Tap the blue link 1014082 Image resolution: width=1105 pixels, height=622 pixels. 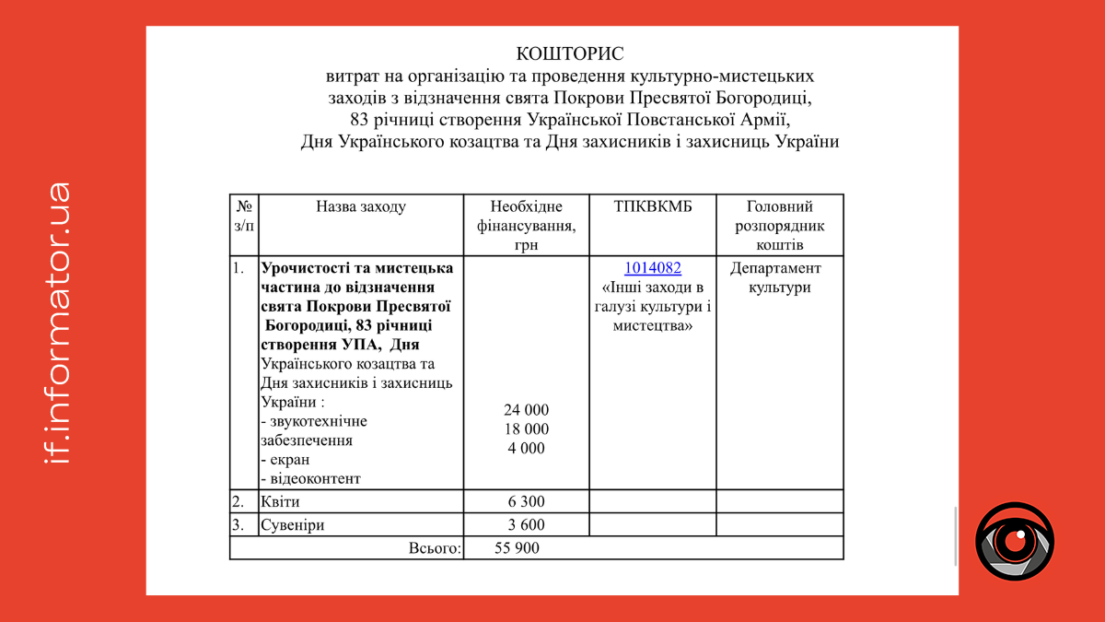[x=653, y=268]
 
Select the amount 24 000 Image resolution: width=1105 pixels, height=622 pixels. [x=526, y=410]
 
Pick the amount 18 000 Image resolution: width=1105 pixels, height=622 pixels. [x=526, y=429]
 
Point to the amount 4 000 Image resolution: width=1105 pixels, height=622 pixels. [x=526, y=449]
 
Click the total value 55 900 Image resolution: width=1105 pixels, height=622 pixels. [x=517, y=548]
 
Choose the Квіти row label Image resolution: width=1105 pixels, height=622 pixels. [x=281, y=502]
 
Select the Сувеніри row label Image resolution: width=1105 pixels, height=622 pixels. [x=293, y=525]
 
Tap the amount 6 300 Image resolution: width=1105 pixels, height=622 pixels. [x=526, y=502]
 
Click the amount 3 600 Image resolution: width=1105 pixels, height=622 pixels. [x=526, y=525]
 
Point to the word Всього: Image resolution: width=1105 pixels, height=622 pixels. [x=435, y=548]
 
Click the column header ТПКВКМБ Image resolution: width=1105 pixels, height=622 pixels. [x=653, y=207]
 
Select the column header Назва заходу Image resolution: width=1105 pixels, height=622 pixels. [x=361, y=207]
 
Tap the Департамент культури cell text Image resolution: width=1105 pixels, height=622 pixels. [x=775, y=277]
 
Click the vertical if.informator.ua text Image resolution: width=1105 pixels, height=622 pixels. [x=57, y=322]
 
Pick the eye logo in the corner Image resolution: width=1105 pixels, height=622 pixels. [x=1015, y=542]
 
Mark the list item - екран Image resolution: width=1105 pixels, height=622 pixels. [x=285, y=460]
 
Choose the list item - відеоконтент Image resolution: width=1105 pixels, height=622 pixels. [x=311, y=479]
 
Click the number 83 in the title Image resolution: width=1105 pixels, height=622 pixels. [x=360, y=120]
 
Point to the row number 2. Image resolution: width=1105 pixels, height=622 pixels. [x=238, y=502]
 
